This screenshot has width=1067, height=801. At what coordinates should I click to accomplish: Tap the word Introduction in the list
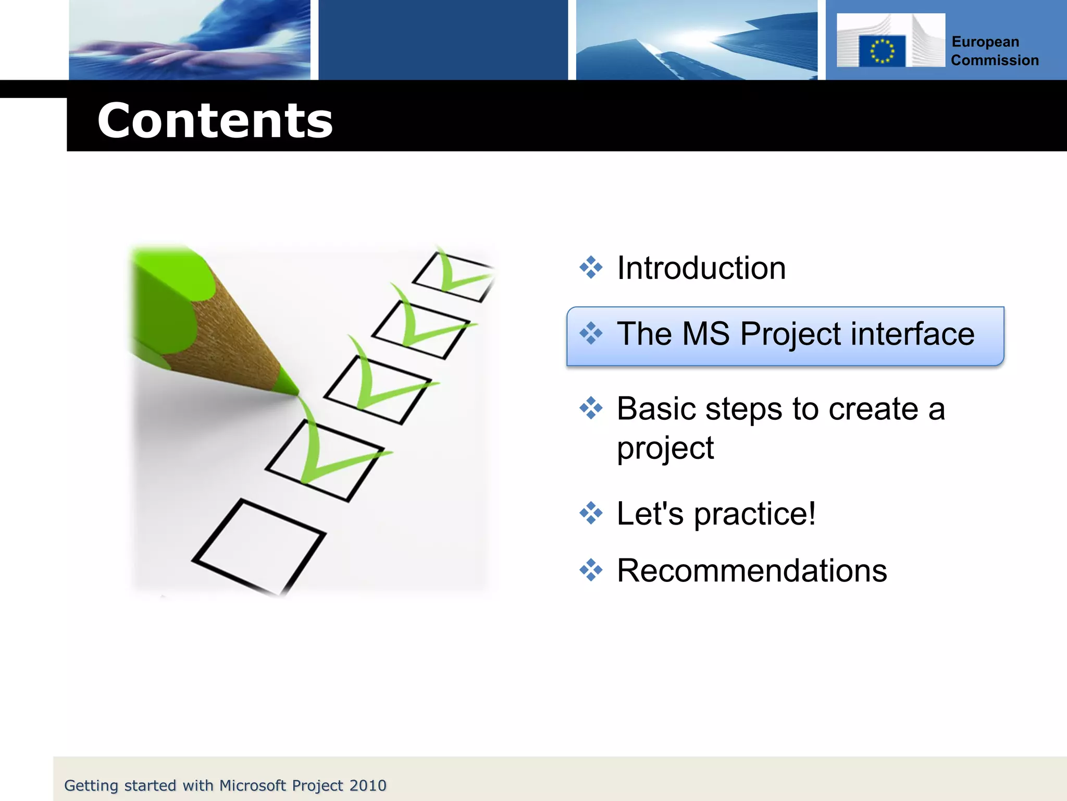(x=701, y=268)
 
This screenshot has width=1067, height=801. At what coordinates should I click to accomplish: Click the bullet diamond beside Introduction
(x=591, y=268)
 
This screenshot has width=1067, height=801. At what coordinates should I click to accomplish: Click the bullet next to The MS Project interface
(x=591, y=333)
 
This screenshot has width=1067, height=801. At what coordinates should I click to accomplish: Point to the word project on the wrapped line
(x=665, y=448)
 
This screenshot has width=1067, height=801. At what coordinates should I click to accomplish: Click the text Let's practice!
(x=716, y=514)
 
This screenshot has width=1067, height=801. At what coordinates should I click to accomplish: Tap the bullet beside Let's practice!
(x=591, y=513)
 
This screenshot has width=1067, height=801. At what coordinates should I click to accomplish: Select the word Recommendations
(x=751, y=571)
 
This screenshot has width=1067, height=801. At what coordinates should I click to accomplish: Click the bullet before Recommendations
(x=591, y=570)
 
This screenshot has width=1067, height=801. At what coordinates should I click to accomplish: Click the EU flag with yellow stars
(x=882, y=51)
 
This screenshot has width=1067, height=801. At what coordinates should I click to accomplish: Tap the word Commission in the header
(x=995, y=60)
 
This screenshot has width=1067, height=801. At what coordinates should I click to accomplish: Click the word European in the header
(x=985, y=42)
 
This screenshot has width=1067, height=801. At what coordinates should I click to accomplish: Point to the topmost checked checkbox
(x=452, y=276)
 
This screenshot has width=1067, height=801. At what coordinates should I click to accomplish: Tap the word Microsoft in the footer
(x=253, y=785)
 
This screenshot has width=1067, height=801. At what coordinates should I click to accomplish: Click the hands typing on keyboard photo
(x=190, y=40)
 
